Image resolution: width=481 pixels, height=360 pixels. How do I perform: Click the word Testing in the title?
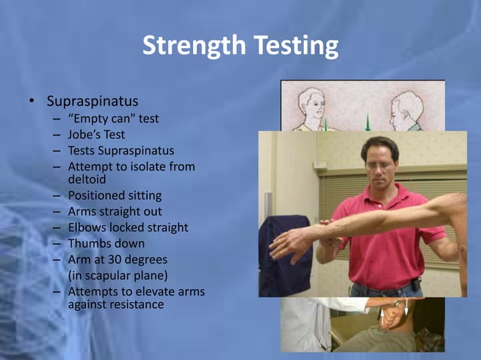click(x=290, y=47)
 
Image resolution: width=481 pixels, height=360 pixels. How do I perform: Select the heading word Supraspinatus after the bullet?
click(x=93, y=100)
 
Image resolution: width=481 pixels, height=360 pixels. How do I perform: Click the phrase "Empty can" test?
click(x=113, y=119)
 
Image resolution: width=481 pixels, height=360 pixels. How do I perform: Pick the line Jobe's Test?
click(x=97, y=135)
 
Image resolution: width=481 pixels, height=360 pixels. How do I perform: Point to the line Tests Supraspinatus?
click(x=121, y=151)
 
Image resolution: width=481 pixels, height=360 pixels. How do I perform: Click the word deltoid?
click(x=87, y=179)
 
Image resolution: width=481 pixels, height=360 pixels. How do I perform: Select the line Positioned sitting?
click(x=115, y=196)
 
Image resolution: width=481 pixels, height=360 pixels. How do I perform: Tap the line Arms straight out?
click(x=115, y=212)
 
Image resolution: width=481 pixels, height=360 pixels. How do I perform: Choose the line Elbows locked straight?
click(x=128, y=227)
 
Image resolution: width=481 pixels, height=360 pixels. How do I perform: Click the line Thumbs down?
click(x=106, y=243)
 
